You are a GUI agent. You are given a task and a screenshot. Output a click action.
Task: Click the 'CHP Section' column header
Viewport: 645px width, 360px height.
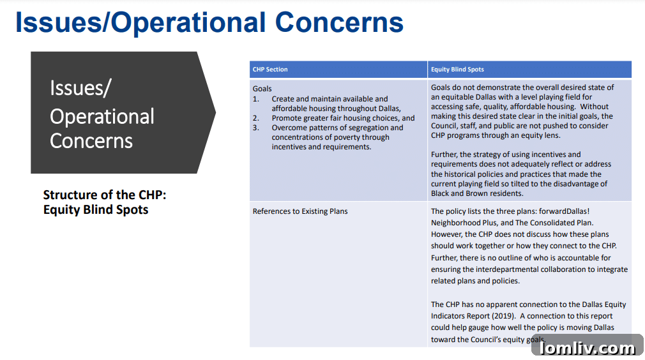pos(270,70)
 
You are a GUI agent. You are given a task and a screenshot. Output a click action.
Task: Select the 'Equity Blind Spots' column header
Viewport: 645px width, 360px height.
pos(457,70)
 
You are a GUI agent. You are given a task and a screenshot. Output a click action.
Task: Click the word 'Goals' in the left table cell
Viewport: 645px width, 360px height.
pos(262,89)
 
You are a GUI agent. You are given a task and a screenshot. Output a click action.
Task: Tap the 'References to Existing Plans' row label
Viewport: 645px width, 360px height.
pos(300,211)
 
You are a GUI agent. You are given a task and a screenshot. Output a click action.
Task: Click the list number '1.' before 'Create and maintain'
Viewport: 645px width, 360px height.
pos(256,99)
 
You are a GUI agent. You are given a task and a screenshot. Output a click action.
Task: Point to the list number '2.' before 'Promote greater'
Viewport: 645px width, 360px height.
pos(256,118)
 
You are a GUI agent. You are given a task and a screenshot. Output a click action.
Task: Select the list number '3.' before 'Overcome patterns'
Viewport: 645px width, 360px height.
pos(256,128)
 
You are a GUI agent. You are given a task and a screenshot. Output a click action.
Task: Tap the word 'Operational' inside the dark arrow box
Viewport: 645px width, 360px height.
pos(102,117)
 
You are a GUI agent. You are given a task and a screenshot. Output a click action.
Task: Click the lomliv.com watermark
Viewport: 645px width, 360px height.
pos(587,348)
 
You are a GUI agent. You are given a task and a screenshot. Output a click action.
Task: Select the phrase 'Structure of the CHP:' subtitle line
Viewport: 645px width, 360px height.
pos(104,195)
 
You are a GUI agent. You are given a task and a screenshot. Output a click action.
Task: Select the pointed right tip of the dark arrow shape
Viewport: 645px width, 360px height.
pos(215,113)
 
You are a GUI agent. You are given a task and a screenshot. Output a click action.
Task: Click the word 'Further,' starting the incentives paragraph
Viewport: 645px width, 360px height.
pos(444,154)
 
